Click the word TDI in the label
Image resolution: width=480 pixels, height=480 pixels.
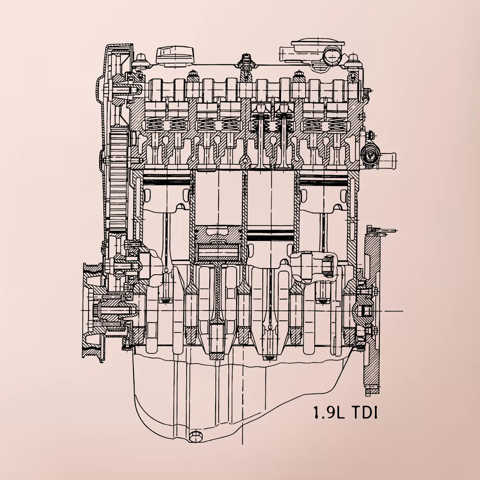364,413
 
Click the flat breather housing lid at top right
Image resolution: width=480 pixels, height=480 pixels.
317,45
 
